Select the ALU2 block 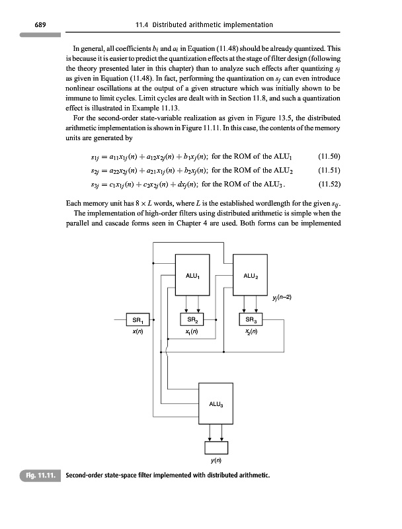(x=251, y=275)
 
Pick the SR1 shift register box (x=139, y=321)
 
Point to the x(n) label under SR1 (x=139, y=332)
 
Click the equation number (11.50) (x=329, y=157)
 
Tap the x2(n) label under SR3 (x=251, y=332)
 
